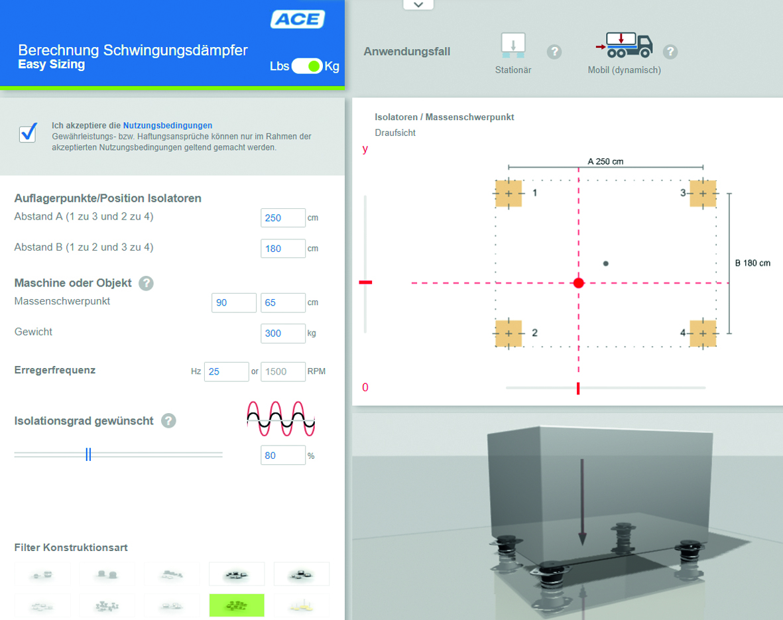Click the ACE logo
(298, 19)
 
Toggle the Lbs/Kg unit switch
(306, 66)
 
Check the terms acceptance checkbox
(28, 133)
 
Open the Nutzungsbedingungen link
(167, 125)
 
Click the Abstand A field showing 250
(282, 217)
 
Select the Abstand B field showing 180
(282, 248)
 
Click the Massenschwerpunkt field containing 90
(233, 303)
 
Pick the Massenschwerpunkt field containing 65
(282, 303)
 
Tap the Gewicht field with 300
(282, 334)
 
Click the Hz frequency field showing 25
(226, 372)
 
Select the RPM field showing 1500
(282, 372)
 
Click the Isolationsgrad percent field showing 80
(282, 455)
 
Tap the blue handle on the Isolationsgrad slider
(88, 454)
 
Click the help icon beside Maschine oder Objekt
(146, 283)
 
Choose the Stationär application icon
(513, 46)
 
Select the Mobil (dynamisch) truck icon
(624, 45)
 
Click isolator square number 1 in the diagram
(509, 194)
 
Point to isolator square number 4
(703, 334)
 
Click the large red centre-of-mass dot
(579, 282)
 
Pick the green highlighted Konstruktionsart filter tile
(237, 605)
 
